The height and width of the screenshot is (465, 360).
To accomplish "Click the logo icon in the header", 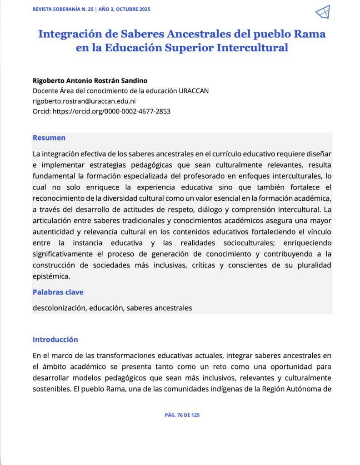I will pyautogui.click(x=322, y=12).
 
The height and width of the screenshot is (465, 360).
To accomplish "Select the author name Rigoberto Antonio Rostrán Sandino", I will pyautogui.click(x=90, y=81).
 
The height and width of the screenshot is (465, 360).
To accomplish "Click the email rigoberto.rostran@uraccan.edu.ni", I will pyautogui.click(x=85, y=101).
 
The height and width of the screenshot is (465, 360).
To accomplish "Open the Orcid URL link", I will pyautogui.click(x=112, y=111).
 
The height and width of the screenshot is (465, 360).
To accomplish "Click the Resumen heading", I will pyautogui.click(x=49, y=138).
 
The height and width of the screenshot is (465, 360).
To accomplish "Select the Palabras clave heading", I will pyautogui.click(x=58, y=292).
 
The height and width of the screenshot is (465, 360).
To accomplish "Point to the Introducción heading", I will pyautogui.click(x=55, y=340).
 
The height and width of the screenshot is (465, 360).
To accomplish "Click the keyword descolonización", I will pyautogui.click(x=59, y=308).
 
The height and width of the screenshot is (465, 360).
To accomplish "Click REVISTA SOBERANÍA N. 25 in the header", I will pyautogui.click(x=63, y=10).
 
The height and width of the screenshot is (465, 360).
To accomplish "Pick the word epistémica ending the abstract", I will pyautogui.click(x=51, y=276).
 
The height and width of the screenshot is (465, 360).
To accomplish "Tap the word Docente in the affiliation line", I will pyautogui.click(x=45, y=91).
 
